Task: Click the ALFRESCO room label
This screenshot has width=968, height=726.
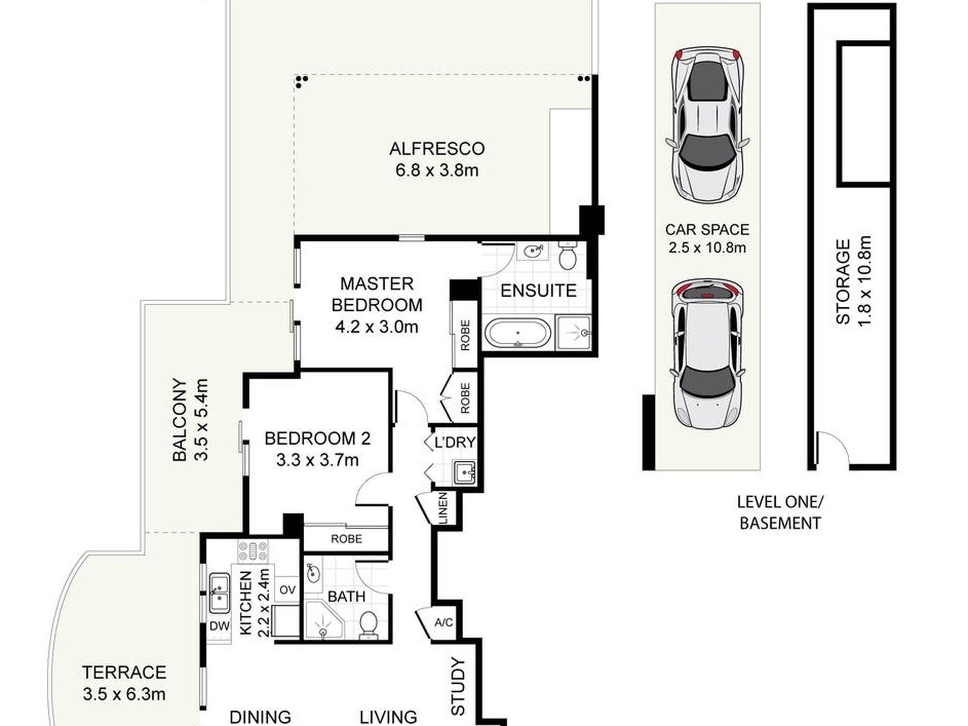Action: click(437, 149)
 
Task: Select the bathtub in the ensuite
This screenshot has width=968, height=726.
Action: click(518, 334)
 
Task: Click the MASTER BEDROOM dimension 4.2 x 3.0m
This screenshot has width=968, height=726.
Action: click(377, 327)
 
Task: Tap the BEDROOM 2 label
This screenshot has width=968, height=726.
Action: click(317, 438)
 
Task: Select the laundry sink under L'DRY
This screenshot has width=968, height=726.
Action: click(464, 471)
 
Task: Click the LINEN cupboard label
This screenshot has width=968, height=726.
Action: click(443, 508)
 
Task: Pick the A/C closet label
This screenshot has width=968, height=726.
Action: click(443, 623)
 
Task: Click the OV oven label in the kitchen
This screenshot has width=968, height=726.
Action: click(287, 590)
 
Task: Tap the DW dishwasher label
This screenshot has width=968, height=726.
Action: click(220, 626)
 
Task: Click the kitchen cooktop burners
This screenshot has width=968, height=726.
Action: click(253, 551)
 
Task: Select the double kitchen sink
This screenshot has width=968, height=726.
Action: click(220, 593)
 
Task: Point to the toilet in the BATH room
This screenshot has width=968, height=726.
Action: click(368, 625)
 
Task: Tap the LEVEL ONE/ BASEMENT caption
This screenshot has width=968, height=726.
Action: click(780, 513)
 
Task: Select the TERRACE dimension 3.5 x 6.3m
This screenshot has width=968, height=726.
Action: click(124, 694)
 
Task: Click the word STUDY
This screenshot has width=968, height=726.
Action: click(459, 687)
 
